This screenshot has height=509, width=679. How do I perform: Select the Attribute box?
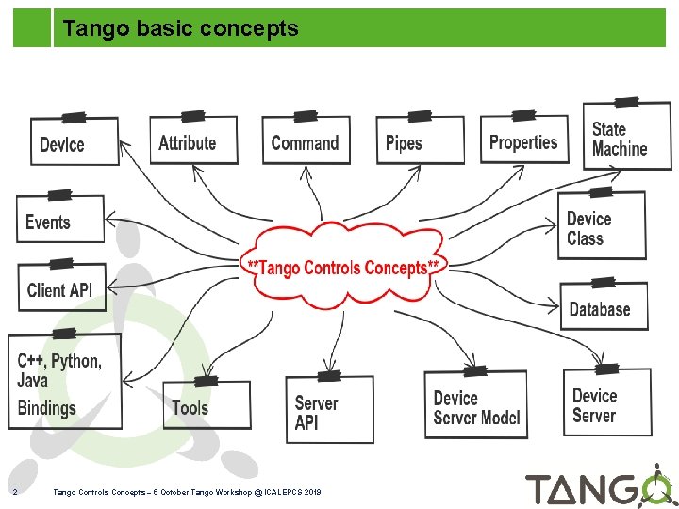(193, 141)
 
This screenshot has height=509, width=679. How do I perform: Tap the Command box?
(305, 141)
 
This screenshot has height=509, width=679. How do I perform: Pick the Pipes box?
(419, 142)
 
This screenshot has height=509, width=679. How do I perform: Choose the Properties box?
(524, 140)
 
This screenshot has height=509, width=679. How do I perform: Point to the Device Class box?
(602, 227)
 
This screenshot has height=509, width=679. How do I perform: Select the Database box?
(604, 307)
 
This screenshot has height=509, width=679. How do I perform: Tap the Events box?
(59, 222)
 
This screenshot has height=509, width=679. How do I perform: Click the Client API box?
(61, 287)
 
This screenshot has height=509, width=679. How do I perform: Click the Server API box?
(329, 410)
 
